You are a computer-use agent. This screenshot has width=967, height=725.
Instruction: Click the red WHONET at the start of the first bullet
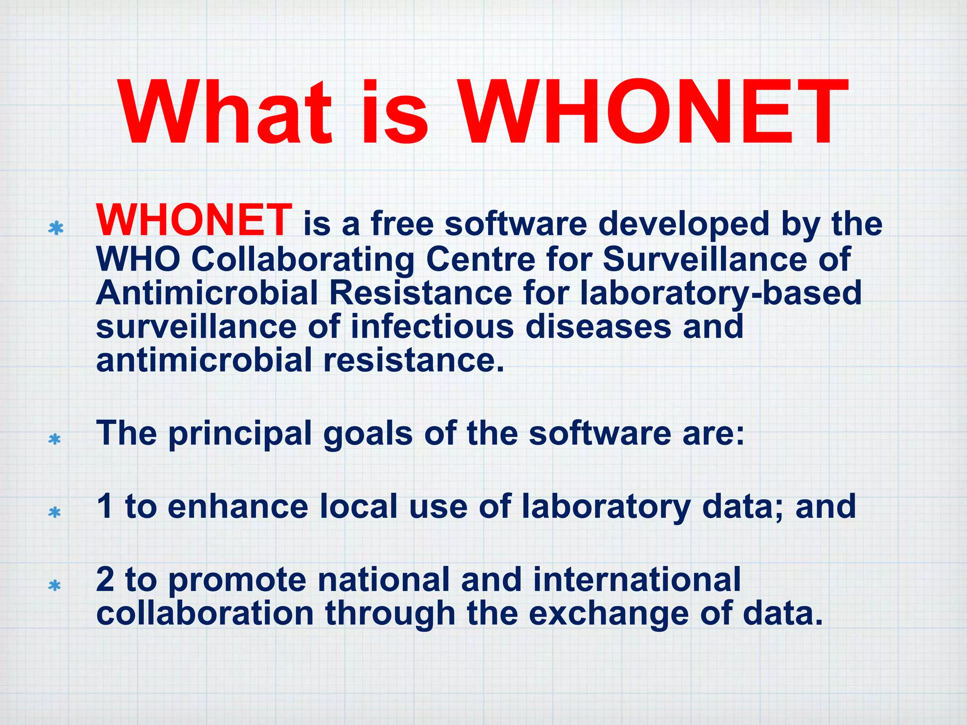tap(194, 220)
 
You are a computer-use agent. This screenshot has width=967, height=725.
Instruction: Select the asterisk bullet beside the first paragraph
tap(56, 228)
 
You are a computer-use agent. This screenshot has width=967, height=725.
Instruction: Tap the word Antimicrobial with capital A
tap(207, 293)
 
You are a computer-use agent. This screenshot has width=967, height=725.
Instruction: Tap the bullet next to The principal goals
tap(55, 439)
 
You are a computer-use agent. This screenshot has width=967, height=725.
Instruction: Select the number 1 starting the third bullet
tap(104, 506)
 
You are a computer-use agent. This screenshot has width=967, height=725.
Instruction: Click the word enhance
tap(238, 506)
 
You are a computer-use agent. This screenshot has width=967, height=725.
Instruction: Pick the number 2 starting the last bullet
tap(105, 580)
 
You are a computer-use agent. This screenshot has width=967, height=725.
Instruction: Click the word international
tap(636, 580)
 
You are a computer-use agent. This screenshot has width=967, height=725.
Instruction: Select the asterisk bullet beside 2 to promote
tap(55, 586)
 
